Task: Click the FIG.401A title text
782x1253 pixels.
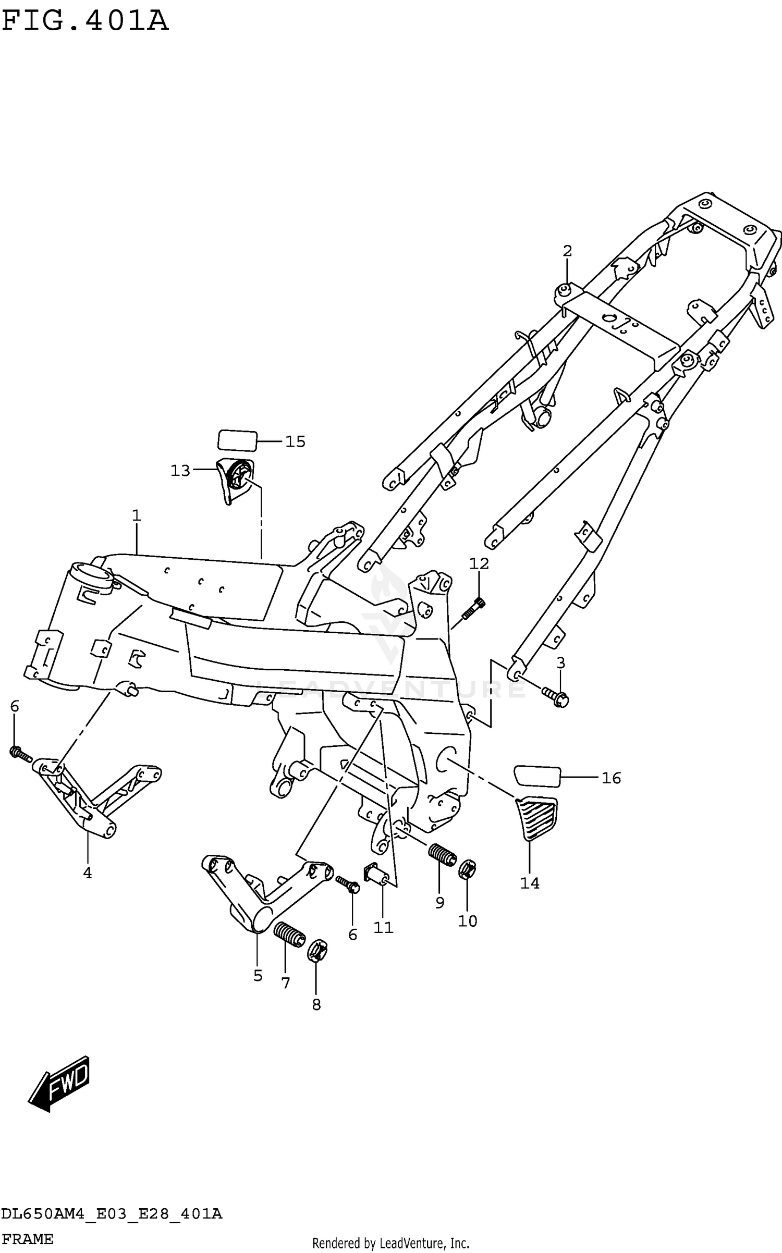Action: [x=85, y=22]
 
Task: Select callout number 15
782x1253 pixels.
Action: [x=295, y=441]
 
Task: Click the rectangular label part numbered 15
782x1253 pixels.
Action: [x=237, y=440]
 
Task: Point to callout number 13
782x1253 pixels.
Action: [x=180, y=471]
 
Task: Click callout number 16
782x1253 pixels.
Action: [x=611, y=778]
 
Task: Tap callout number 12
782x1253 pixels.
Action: [x=479, y=563]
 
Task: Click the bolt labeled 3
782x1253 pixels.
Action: [x=555, y=696]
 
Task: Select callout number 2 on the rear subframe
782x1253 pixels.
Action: [x=567, y=251]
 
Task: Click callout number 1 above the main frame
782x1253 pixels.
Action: [x=136, y=515]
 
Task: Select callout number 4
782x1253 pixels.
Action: [x=88, y=873]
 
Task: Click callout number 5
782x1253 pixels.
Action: [x=258, y=975]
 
